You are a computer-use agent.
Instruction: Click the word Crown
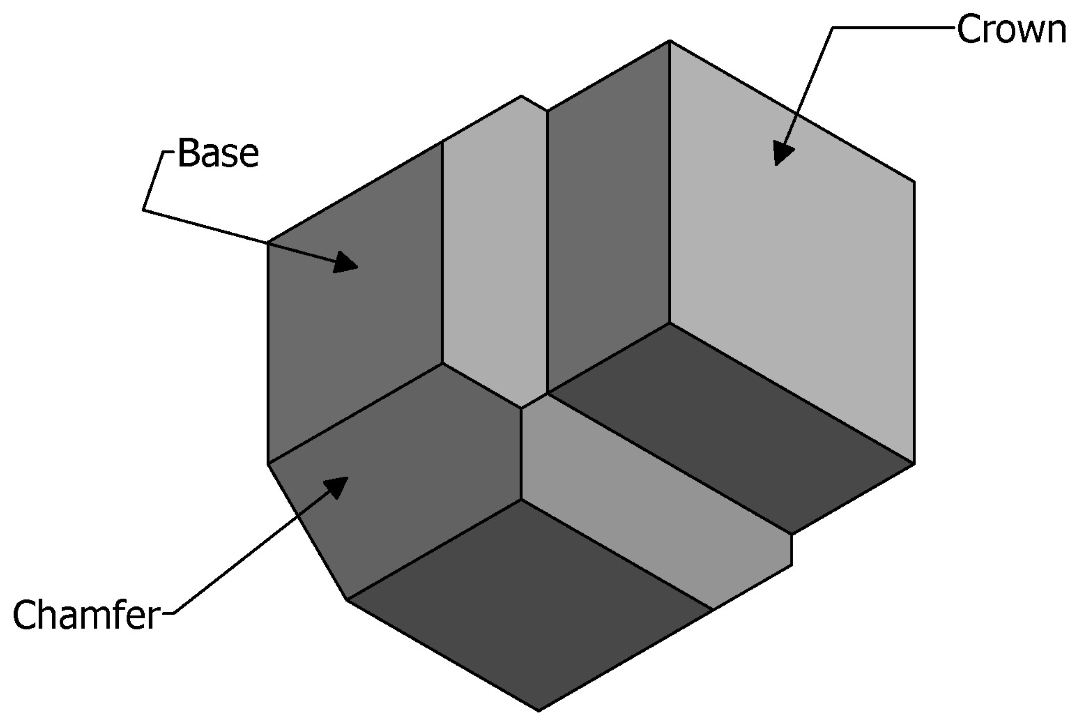[1011, 29]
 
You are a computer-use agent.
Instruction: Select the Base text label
[217, 153]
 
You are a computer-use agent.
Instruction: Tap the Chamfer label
[86, 615]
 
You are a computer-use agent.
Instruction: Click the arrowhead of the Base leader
[345, 263]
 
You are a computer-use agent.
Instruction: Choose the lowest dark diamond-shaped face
[529, 603]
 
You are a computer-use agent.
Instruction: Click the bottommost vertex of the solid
[538, 711]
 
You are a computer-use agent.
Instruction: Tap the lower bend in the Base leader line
[144, 210]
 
